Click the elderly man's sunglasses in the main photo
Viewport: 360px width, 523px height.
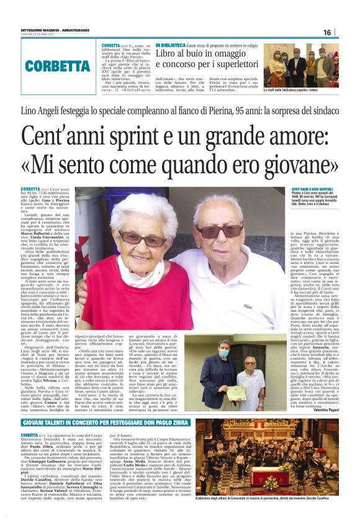[x=222, y=231]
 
